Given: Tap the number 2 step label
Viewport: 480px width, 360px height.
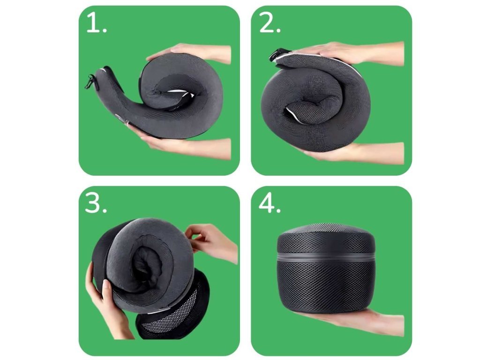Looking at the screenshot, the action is click(270, 22).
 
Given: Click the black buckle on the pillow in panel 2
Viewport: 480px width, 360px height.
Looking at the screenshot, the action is click(276, 55).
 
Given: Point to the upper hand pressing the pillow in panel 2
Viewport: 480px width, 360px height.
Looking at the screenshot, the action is click(352, 52).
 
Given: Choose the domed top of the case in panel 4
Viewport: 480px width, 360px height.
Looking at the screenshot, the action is click(326, 237).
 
